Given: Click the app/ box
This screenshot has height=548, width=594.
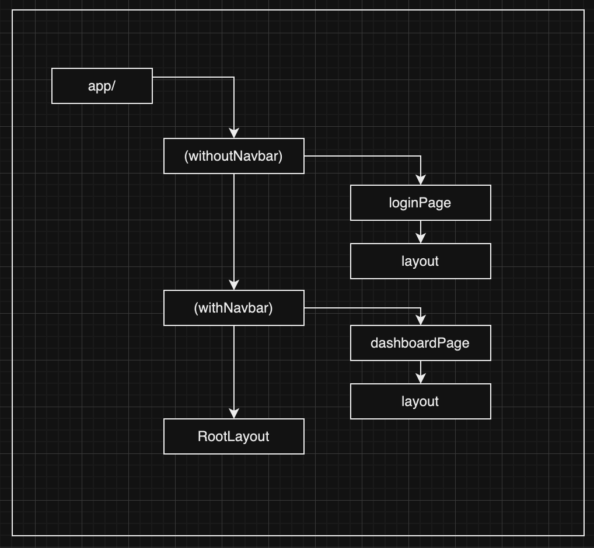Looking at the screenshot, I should click(102, 86).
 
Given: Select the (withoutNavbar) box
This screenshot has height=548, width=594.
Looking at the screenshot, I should click(233, 156).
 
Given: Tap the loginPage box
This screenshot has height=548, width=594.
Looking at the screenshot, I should click(420, 203).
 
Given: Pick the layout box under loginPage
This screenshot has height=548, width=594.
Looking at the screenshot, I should click(420, 261).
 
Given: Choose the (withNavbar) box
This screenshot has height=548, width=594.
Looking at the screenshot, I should click(233, 308).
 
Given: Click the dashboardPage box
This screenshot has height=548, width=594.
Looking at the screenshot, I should click(420, 343).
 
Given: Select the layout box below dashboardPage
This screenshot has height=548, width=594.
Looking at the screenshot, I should click(420, 401).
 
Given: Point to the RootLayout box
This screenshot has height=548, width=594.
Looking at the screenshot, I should click(233, 436).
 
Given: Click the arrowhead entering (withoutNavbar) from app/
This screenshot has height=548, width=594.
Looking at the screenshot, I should click(234, 134).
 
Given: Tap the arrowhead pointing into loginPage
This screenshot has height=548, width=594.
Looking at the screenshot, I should click(421, 181).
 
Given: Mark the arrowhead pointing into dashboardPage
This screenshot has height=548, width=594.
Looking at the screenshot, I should click(421, 321).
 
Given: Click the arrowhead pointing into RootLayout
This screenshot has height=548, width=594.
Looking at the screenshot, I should click(234, 414).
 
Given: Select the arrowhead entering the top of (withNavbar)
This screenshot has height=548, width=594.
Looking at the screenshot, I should click(234, 286).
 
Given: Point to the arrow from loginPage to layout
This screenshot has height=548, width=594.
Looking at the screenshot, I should click(421, 232).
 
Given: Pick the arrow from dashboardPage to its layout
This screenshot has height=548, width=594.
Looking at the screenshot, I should click(421, 372).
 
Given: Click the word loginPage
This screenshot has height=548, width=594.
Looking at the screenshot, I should click(420, 203).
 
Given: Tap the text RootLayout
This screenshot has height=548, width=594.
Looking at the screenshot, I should click(233, 436).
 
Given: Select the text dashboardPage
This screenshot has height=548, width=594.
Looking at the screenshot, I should click(420, 343).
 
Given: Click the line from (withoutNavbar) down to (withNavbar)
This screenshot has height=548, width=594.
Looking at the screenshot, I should click(234, 228).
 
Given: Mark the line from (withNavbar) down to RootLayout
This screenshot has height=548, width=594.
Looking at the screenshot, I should click(234, 368).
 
